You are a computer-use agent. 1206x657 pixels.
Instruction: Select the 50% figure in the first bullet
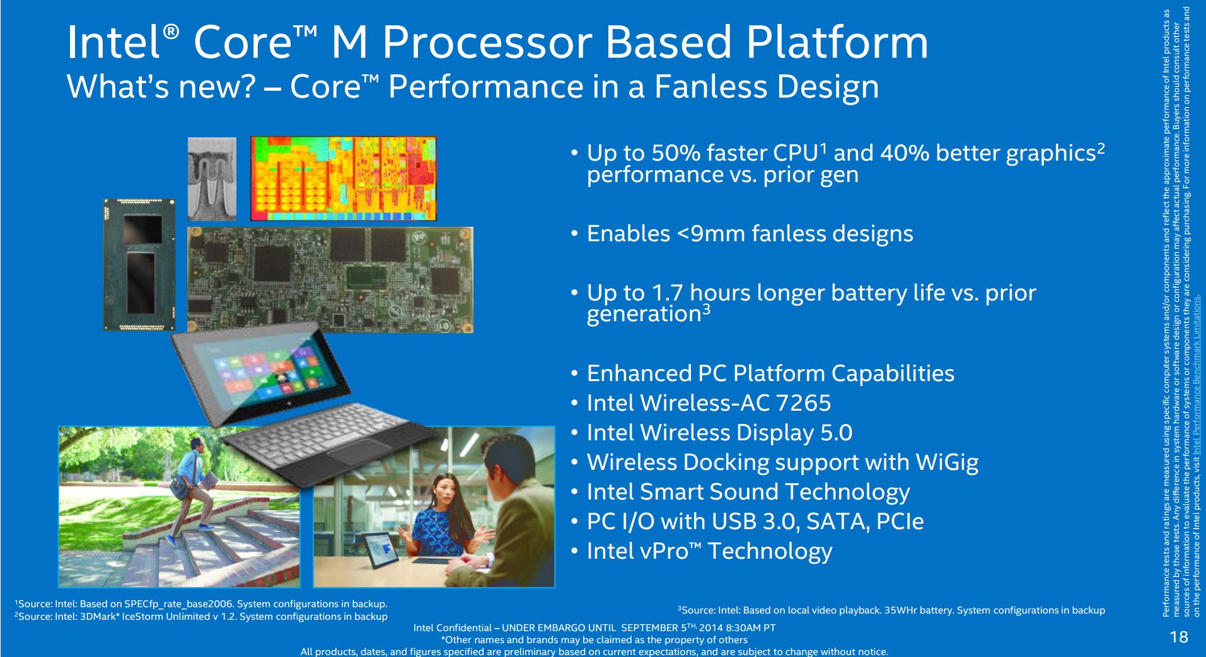point(675,153)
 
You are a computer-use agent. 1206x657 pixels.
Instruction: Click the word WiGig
point(947,463)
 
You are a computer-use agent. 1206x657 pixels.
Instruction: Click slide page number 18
point(1178,637)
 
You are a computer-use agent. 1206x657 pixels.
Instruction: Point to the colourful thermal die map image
point(343,178)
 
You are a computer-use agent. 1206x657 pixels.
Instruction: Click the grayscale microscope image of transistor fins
point(212,178)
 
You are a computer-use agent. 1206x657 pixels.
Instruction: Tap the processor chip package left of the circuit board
point(140,265)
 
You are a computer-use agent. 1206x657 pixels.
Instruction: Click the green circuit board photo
point(330,279)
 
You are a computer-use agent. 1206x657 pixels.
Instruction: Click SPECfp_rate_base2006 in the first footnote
point(178,604)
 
